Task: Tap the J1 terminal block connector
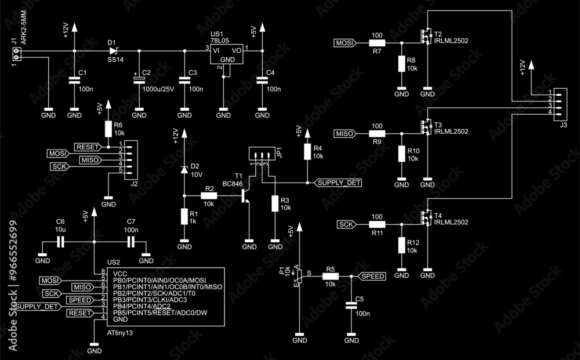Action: point(16,54)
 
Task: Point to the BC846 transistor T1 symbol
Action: point(244,196)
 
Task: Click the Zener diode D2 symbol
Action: point(184,169)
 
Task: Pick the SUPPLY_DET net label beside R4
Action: point(338,183)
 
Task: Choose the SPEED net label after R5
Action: point(372,277)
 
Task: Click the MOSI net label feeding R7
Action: point(345,43)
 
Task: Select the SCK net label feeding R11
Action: point(346,224)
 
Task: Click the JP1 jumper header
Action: point(260,155)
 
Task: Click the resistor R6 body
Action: point(107,129)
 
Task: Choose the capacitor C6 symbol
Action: point(60,243)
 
